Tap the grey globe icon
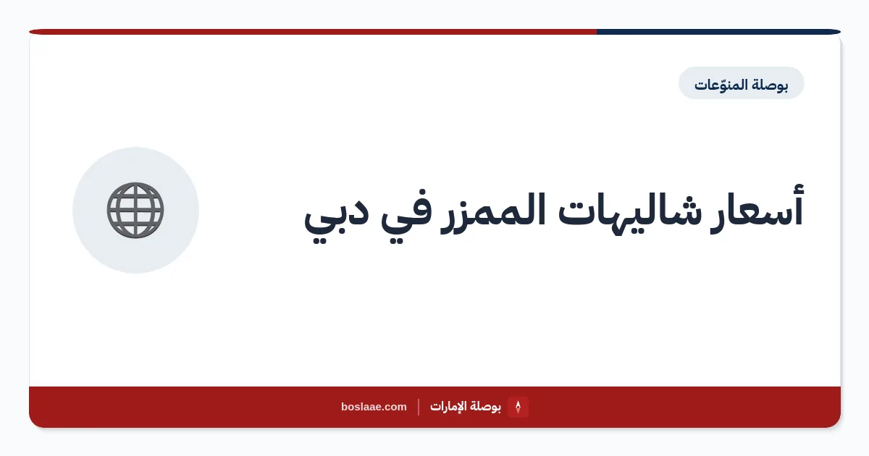135,210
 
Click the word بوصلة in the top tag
770,85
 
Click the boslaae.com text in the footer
374,407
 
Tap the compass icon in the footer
518,407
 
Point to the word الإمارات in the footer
448,407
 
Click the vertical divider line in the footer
419,407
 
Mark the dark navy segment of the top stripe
718,32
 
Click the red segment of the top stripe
313,32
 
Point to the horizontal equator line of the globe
135,210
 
